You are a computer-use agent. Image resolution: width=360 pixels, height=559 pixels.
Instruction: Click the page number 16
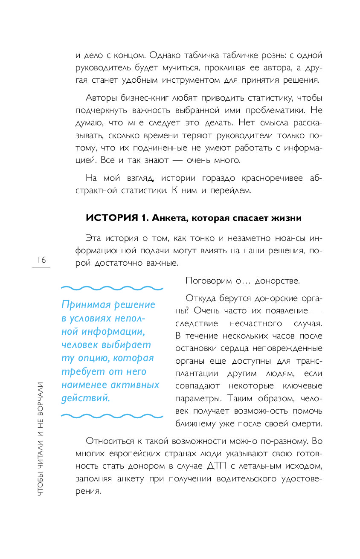pyautogui.click(x=41, y=260)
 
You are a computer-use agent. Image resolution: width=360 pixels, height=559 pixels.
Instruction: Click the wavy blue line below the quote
pyautogui.click(x=112, y=415)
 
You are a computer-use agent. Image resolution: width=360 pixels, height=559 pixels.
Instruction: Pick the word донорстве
pyautogui.click(x=277, y=281)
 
